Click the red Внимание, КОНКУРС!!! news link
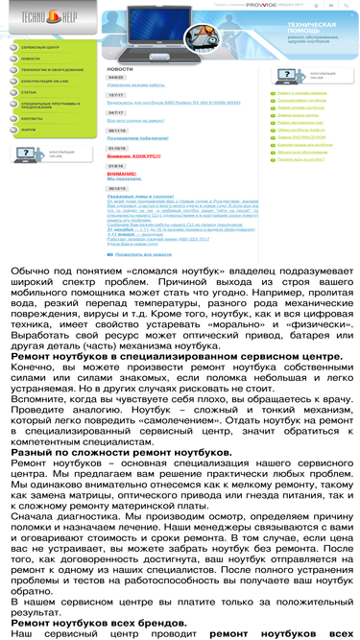[133, 154]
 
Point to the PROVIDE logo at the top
[260, 4]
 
